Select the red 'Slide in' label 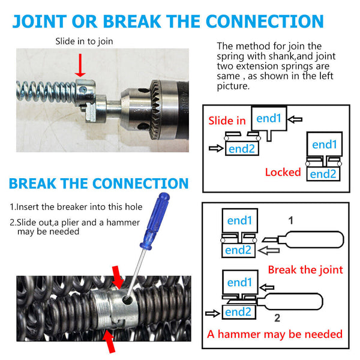click(x=227, y=121)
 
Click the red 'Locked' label click(x=283, y=172)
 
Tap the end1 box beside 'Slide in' click(x=268, y=119)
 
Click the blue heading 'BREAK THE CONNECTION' click(x=99, y=184)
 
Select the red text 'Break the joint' click(x=305, y=269)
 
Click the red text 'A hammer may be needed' click(x=274, y=334)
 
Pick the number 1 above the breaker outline click(x=290, y=220)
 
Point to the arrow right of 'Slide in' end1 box click(x=295, y=120)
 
